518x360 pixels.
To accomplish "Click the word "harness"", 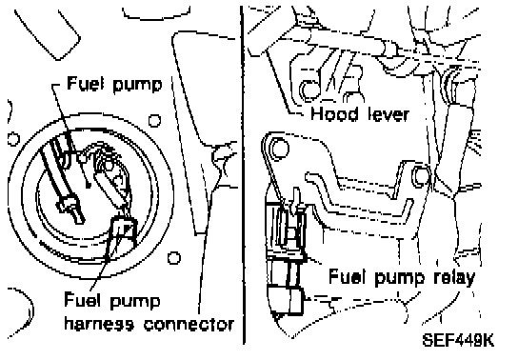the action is point(99,324).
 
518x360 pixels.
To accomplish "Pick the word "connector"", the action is point(189,325).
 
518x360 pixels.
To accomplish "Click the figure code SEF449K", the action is point(458,340).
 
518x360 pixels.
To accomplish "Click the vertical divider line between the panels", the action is point(243,175).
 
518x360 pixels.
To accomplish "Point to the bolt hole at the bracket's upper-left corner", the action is point(279,148).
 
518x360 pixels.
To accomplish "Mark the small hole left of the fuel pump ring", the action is point(13,139).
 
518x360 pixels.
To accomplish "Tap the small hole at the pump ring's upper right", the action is point(154,121).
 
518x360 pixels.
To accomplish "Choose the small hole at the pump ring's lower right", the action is point(173,258).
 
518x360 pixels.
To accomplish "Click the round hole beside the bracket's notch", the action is point(421,175).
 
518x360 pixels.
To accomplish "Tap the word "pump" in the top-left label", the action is point(137,85).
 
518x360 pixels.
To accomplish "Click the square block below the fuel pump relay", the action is point(287,301).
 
